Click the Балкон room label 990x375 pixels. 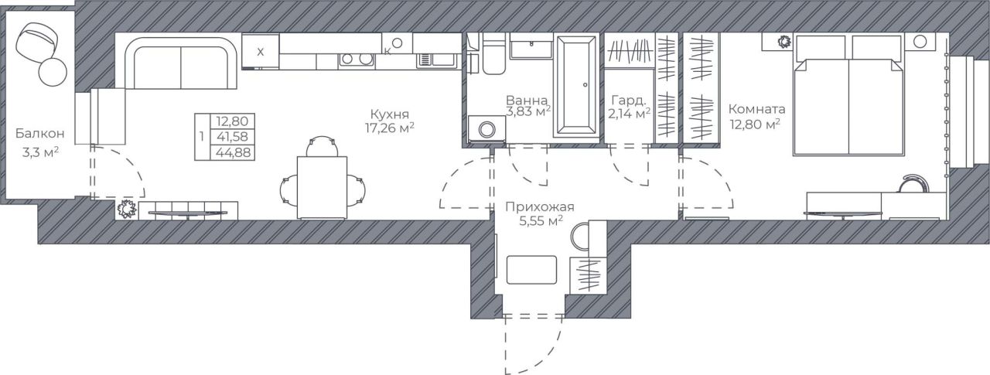[x=39, y=133]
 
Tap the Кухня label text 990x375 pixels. [x=389, y=114]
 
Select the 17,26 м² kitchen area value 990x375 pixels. [x=389, y=128]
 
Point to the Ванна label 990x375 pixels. [x=527, y=101]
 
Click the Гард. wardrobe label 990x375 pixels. [x=627, y=101]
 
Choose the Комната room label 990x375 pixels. [x=756, y=109]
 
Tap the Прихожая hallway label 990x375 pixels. [x=540, y=206]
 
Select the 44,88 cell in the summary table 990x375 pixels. [x=233, y=153]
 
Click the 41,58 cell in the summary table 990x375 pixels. [x=232, y=137]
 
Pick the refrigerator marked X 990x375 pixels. [x=261, y=52]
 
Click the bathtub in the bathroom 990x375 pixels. [x=576, y=85]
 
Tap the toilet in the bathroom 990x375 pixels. [x=493, y=55]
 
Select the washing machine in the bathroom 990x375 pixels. [x=486, y=130]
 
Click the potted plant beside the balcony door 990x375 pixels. [x=127, y=209]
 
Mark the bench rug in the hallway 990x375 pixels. [x=531, y=270]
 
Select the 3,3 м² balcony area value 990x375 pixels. [x=41, y=153]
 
